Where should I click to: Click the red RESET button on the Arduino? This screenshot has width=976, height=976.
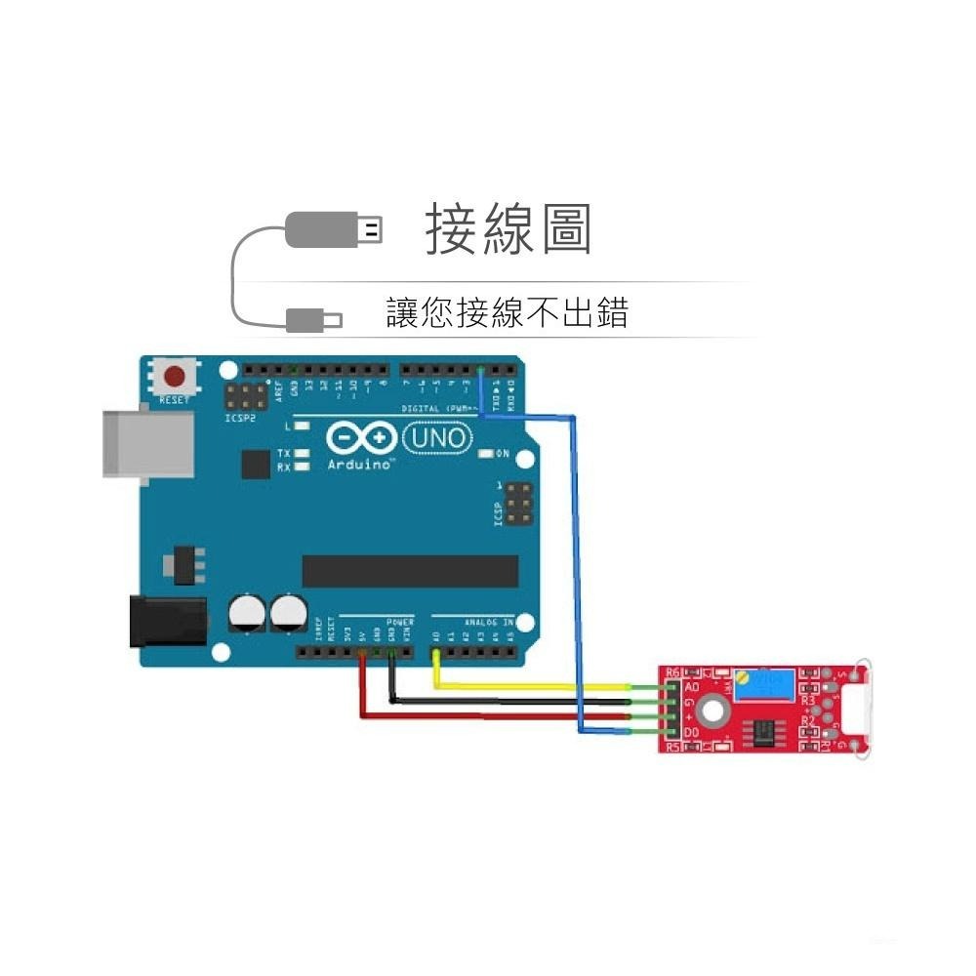pyautogui.click(x=176, y=377)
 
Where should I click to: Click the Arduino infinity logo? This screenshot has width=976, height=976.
pyautogui.click(x=360, y=438)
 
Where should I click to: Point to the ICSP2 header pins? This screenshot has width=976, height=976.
pyautogui.click(x=246, y=398)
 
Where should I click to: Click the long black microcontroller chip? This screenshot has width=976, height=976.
pyautogui.click(x=410, y=571)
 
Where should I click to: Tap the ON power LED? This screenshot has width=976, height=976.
pyautogui.click(x=487, y=454)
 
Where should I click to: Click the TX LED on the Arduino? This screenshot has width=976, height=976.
pyautogui.click(x=303, y=454)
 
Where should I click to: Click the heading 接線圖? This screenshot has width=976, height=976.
pyautogui.click(x=508, y=230)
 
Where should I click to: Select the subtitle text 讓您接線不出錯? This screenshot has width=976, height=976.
pyautogui.click(x=508, y=312)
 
